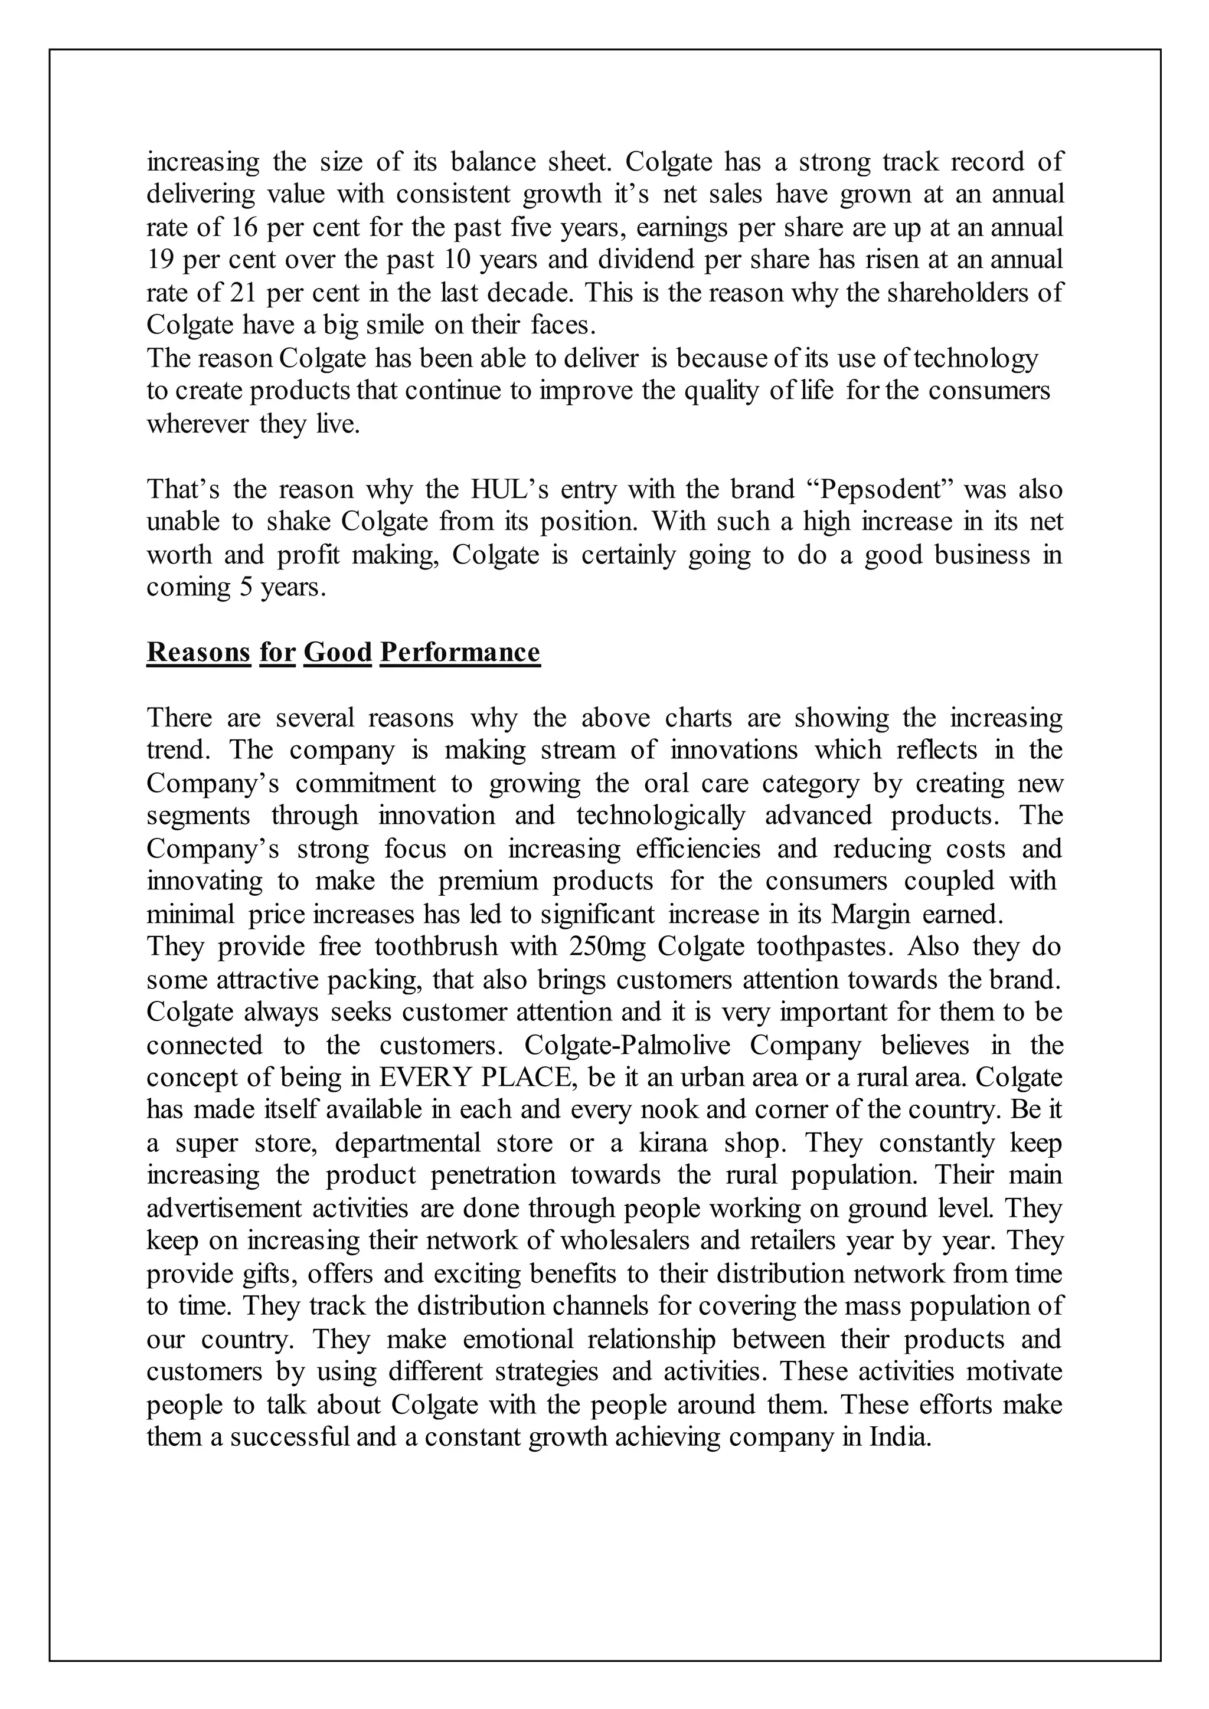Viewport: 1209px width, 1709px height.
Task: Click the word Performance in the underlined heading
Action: pos(459,653)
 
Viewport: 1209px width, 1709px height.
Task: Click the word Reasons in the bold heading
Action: pos(198,653)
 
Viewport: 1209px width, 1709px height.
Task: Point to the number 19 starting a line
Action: pos(160,260)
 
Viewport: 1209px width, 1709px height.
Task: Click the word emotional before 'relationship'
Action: pos(518,1339)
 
